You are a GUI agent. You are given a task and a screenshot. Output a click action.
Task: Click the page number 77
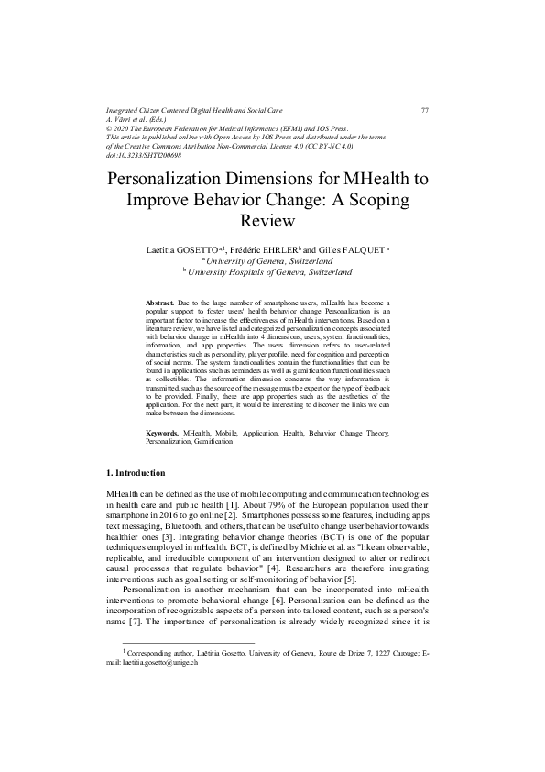pos(425,110)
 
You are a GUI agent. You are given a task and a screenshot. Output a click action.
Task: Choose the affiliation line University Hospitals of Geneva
pos(272,272)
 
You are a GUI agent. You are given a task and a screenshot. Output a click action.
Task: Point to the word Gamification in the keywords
pos(213,441)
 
